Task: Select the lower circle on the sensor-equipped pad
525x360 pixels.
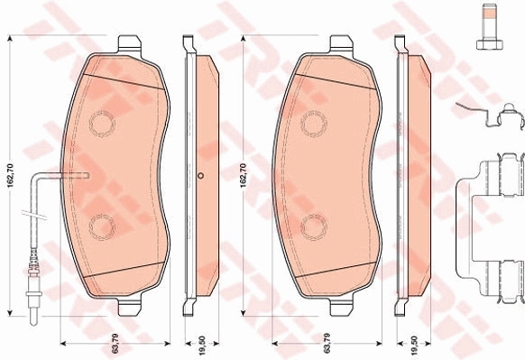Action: click(x=101, y=225)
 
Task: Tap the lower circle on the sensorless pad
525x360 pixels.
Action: click(x=313, y=225)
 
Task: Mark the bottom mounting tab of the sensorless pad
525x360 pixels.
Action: click(x=342, y=308)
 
